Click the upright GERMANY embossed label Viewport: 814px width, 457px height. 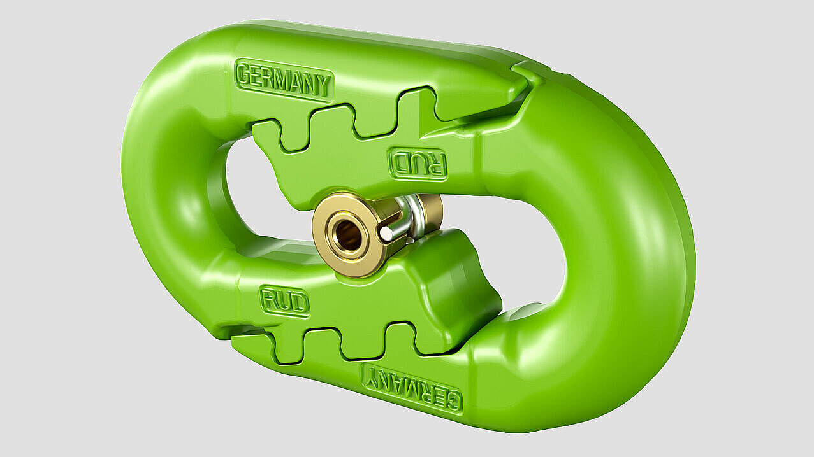(x=284, y=80)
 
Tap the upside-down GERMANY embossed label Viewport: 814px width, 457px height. (x=412, y=389)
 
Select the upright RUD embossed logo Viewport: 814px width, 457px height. (x=285, y=301)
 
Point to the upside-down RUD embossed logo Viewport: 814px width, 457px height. (x=418, y=164)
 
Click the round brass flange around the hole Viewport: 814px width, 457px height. (x=347, y=235)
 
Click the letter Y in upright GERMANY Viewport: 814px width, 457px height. (x=325, y=87)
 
